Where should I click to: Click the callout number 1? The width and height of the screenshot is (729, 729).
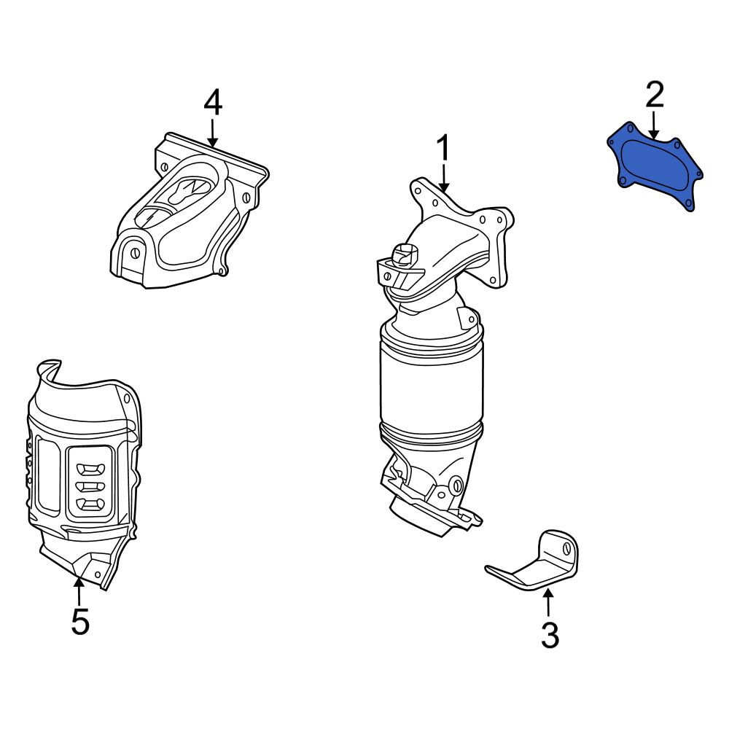click(x=443, y=148)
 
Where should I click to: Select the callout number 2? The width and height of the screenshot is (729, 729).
click(x=654, y=95)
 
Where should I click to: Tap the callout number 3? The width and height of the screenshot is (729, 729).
click(x=550, y=635)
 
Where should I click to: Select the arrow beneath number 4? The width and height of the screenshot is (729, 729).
click(x=212, y=133)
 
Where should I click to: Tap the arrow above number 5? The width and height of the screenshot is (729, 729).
click(x=79, y=590)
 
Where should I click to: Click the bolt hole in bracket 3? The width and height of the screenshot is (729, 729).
click(x=567, y=548)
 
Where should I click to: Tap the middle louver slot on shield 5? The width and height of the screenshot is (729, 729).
click(x=90, y=486)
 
